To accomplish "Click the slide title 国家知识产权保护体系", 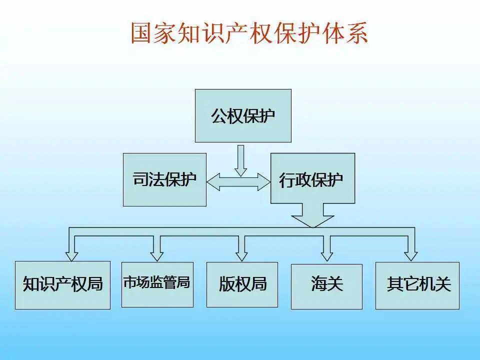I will pos(249,33).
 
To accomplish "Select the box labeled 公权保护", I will pos(243,115).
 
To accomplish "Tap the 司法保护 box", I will pos(164,179).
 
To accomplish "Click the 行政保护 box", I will pos(312,178).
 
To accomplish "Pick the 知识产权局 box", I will pos(62,284).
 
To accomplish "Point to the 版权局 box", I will pos(242,284).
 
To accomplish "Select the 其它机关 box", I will pos(417,285).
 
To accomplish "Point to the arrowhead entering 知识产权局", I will pos(72,255).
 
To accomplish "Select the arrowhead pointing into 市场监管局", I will pos(156,255).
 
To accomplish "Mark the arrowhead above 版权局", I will pos(242,255).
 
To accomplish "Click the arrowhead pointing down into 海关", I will pos(326,255).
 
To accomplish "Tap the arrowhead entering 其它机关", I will pos(411,255).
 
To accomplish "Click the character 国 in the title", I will pos(142,33).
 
